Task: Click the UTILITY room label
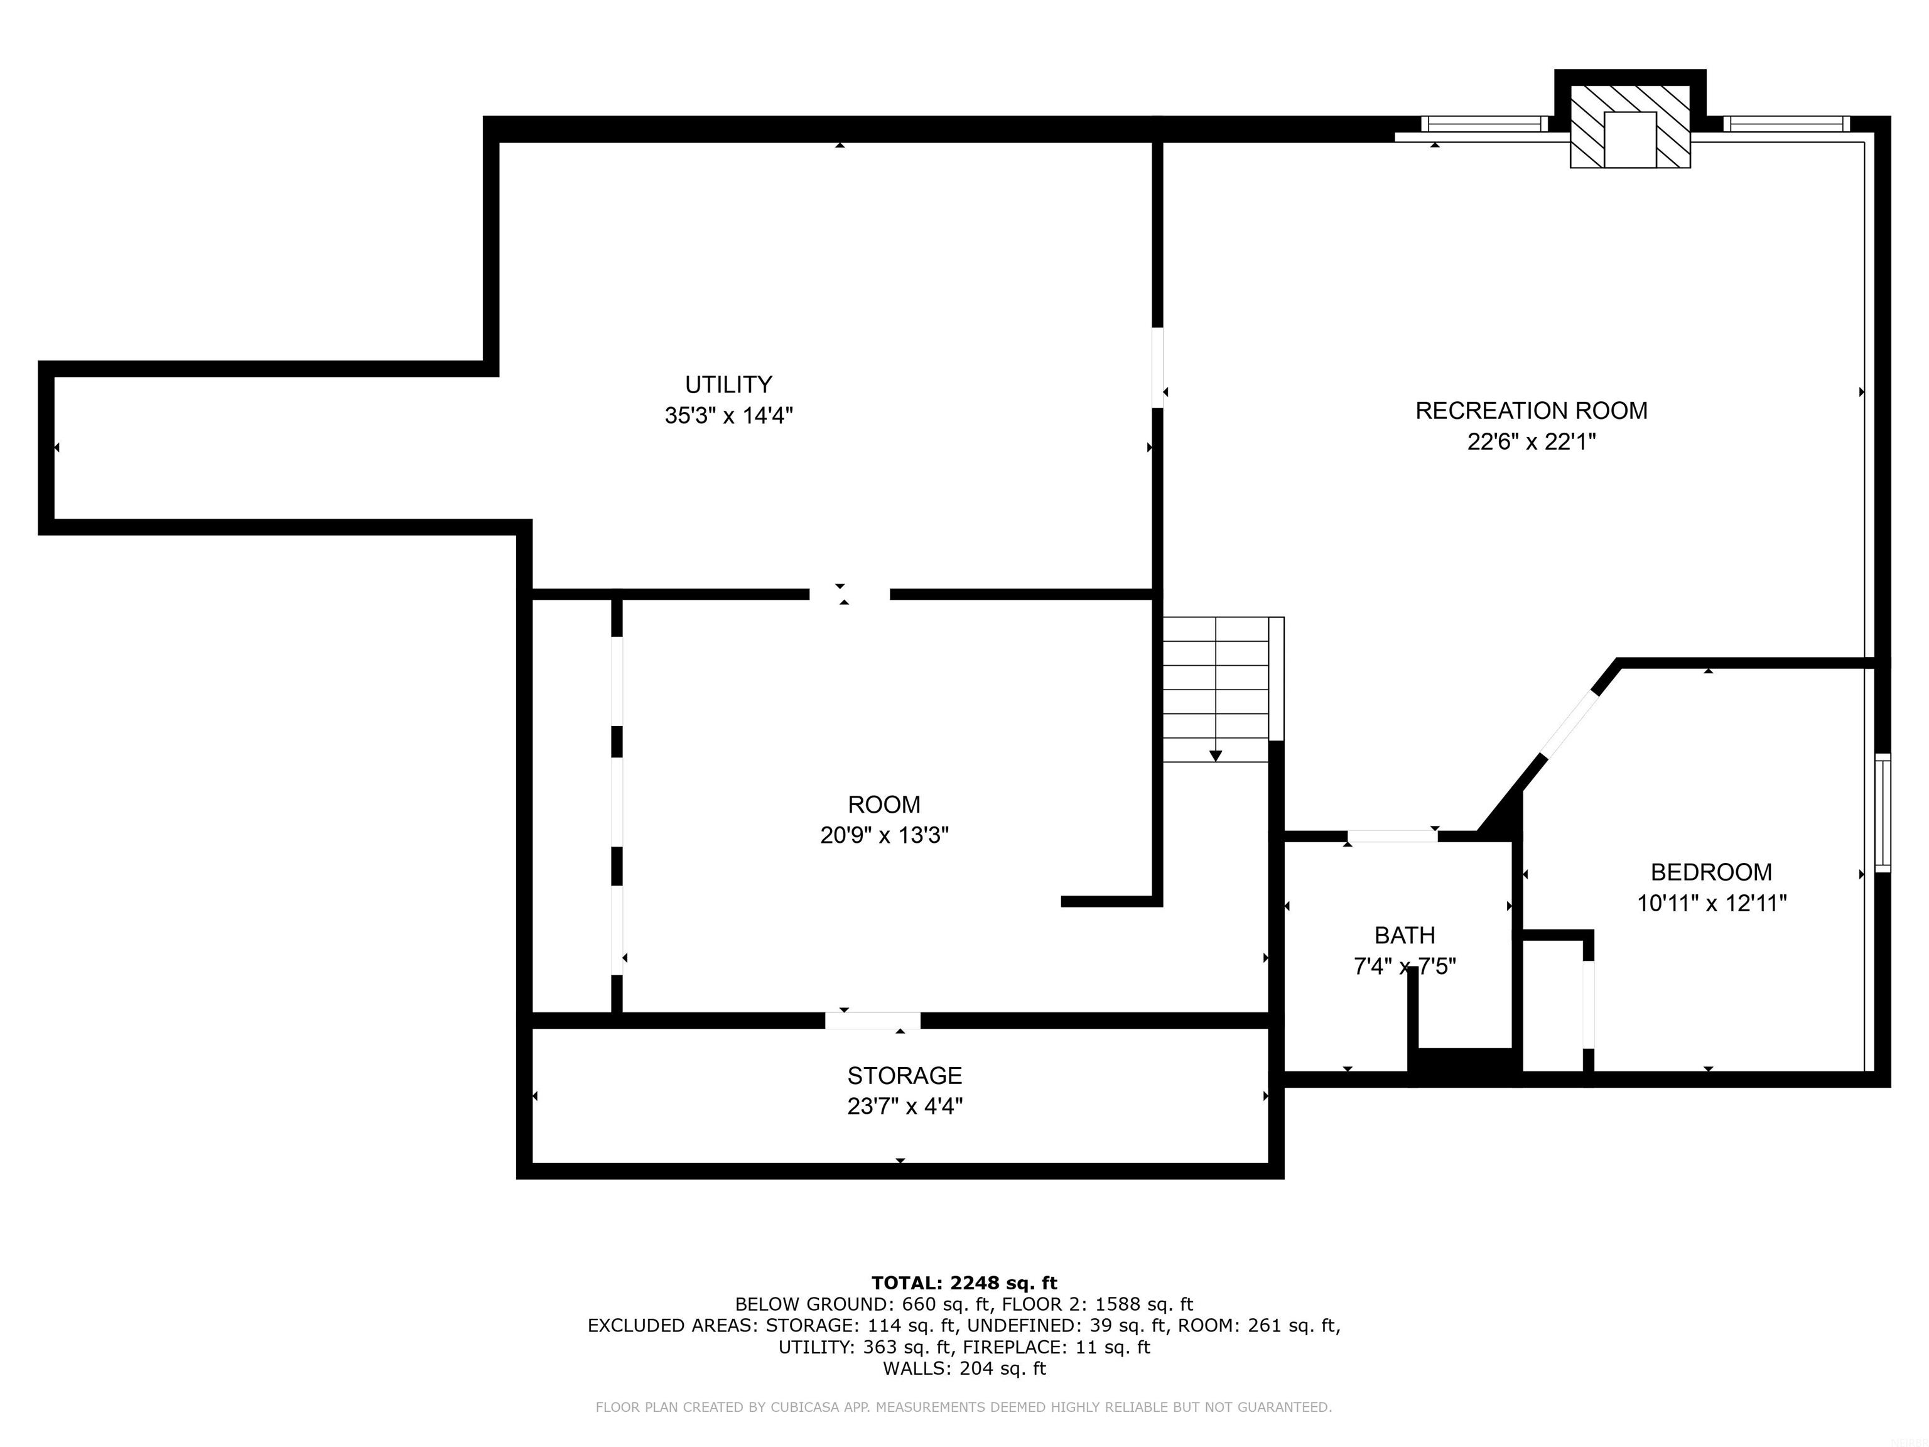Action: coord(728,384)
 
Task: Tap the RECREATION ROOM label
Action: coord(1532,411)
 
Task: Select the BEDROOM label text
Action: coord(1711,872)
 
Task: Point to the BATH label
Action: coord(1405,936)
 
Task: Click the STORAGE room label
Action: coord(904,1075)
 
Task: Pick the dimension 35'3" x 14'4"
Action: coord(728,416)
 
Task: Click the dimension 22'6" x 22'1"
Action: coord(1532,442)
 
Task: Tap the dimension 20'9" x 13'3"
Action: coord(884,835)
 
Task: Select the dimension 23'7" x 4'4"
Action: coord(904,1107)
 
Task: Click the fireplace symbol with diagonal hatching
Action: coord(1630,126)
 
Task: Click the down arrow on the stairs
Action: coord(1216,756)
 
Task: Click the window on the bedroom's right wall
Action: coord(1883,813)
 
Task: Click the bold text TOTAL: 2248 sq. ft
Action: coord(964,1283)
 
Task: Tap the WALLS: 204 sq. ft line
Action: coord(964,1368)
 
